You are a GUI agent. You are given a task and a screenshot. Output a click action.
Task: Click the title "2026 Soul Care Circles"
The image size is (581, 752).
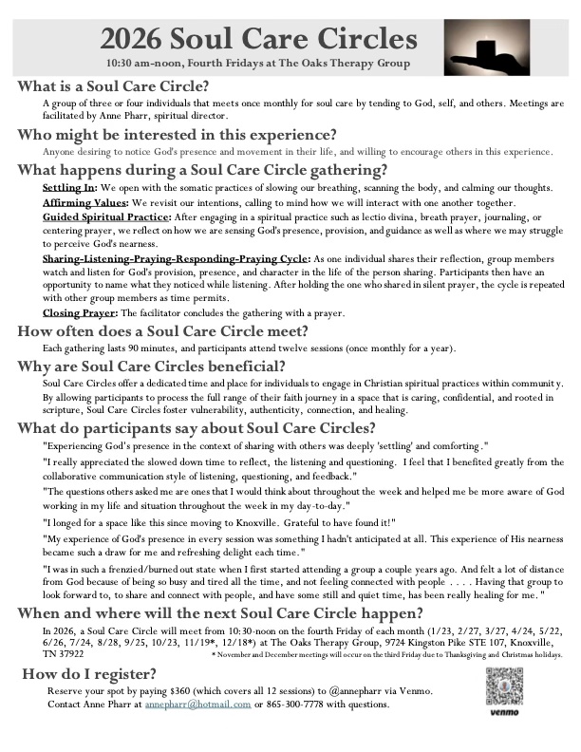(258, 39)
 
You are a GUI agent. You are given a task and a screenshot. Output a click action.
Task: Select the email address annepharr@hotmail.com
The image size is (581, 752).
(199, 704)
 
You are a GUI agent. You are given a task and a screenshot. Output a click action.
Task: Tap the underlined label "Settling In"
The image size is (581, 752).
(69, 188)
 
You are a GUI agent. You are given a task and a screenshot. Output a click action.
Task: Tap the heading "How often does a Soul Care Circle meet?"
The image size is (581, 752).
(162, 331)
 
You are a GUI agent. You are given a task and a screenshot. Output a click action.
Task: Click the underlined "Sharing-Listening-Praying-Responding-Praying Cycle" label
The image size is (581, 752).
(176, 258)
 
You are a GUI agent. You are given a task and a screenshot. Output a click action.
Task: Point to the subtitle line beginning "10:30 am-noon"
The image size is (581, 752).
(258, 64)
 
